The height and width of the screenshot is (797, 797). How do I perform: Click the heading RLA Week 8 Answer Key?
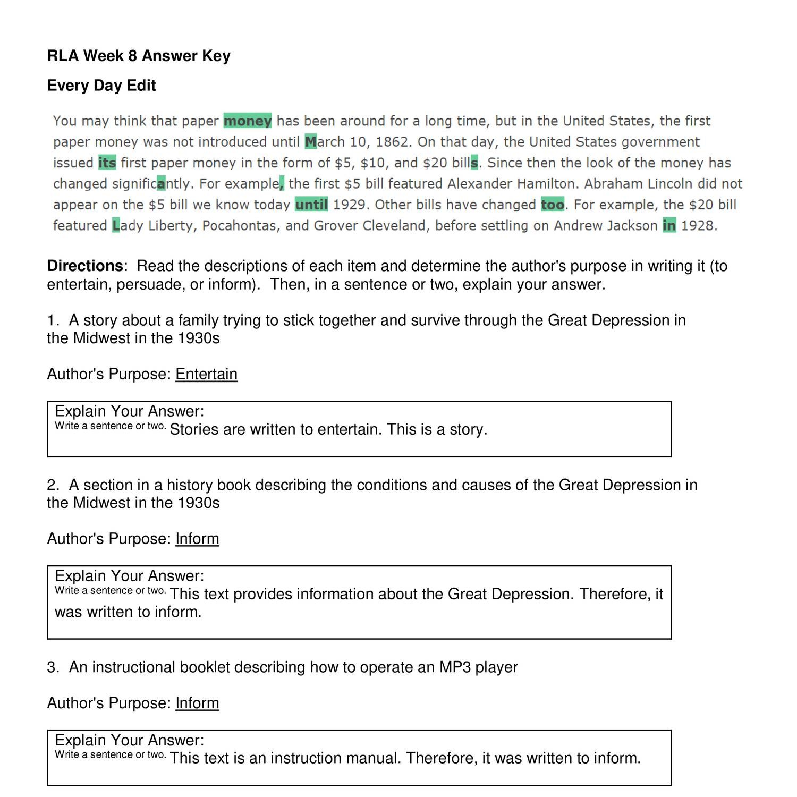coord(139,56)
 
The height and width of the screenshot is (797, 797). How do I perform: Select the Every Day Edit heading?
coord(101,86)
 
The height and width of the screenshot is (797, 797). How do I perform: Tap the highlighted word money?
coord(248,121)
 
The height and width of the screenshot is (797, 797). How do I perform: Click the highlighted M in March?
coord(311,142)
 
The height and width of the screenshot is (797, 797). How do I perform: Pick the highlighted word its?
coord(107,163)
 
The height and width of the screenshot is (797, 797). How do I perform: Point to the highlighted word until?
coord(311,205)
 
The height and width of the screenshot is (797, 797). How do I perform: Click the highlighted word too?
coord(553,205)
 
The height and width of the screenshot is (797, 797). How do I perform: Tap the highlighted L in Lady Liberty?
coord(116,226)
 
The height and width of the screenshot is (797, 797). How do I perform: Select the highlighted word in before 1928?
coord(669,226)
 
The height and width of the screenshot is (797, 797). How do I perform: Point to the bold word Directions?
coord(85,266)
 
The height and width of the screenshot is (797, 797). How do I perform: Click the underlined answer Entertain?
coord(207,374)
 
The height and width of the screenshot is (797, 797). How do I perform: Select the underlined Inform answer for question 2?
coord(197,539)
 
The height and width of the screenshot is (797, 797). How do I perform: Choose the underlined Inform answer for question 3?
coord(197,703)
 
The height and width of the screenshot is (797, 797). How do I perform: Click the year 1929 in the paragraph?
coord(350,205)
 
